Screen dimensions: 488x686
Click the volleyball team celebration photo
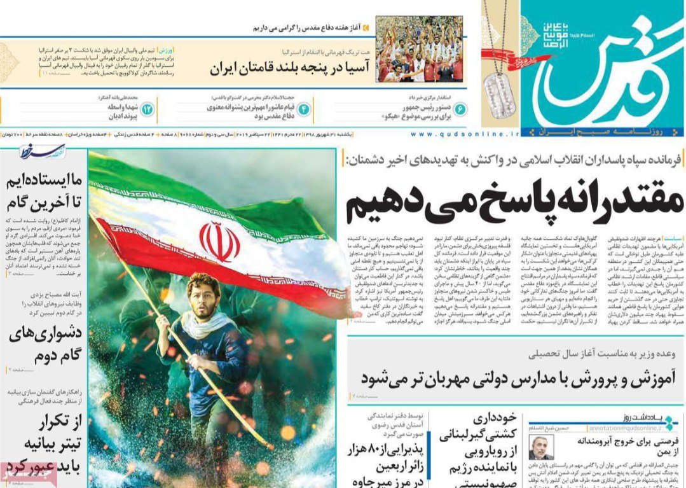pyautogui.click(x=419, y=49)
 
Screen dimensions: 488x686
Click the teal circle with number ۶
pyautogui.click(x=459, y=109)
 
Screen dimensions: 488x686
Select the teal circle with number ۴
pyautogui.click(x=304, y=109)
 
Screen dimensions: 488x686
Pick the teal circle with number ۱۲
pyautogui.click(x=147, y=109)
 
